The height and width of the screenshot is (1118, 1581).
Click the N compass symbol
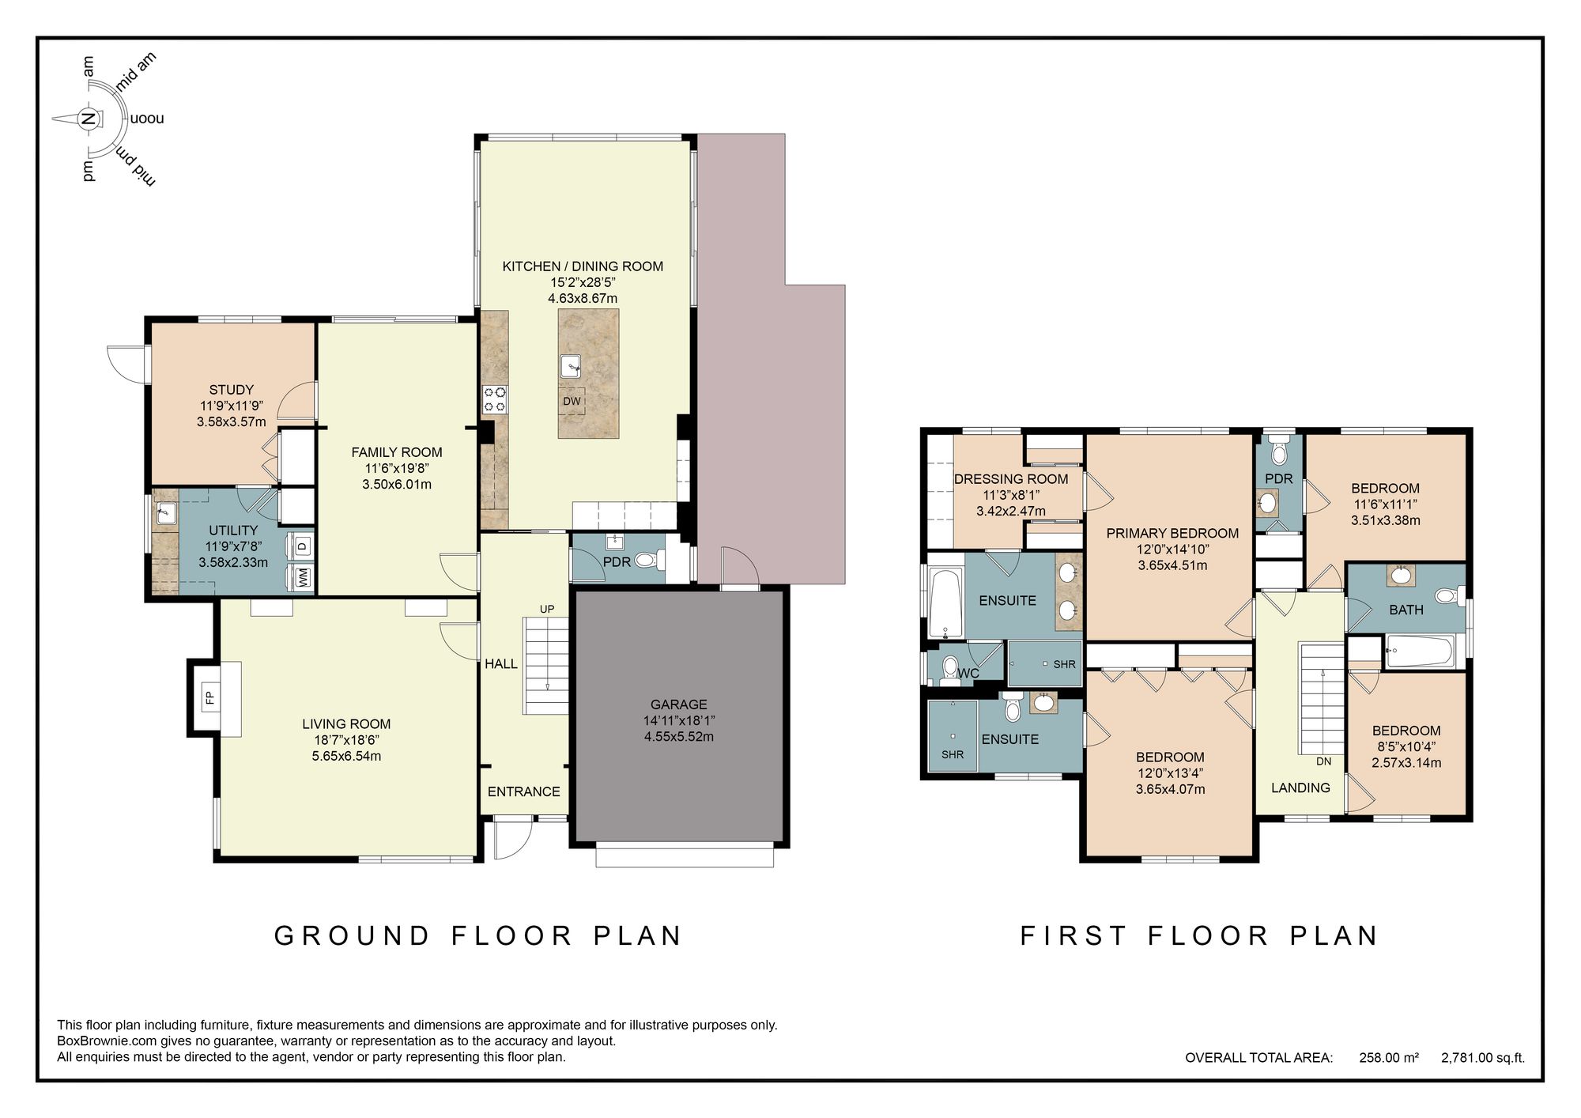89,119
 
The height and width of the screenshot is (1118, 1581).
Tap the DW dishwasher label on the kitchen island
572,401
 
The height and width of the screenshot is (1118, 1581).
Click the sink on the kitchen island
571,366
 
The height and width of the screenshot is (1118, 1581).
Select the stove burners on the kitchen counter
495,398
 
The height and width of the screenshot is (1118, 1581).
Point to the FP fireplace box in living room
209,697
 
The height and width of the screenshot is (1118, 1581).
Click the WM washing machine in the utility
303,577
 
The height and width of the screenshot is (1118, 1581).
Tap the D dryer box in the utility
303,546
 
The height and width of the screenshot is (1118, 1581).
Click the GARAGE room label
678,704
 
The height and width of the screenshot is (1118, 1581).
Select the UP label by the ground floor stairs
547,609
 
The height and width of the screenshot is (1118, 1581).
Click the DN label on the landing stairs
1323,761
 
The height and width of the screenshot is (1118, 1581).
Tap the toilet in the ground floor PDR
646,561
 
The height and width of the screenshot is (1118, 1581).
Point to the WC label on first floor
968,674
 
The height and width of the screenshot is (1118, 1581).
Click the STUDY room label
231,389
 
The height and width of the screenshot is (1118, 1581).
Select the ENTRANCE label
523,791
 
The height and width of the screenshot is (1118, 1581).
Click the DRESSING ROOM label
1010,478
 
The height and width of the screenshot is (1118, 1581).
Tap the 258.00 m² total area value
1388,1057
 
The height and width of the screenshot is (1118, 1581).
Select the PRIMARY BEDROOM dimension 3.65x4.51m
1172,565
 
